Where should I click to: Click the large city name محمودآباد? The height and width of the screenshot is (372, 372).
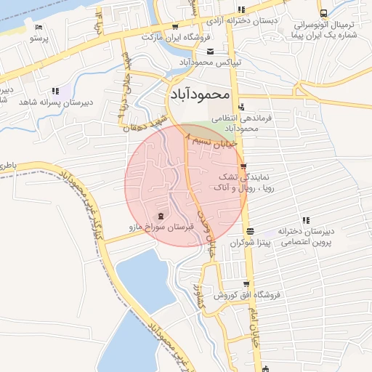pos(201,94)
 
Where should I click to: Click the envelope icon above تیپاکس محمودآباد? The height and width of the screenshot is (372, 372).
pos(211,51)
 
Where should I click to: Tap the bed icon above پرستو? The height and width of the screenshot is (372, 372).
pos(38,27)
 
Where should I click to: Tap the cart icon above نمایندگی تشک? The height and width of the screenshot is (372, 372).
pos(243,166)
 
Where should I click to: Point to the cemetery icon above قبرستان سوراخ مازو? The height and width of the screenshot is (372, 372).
pos(161,216)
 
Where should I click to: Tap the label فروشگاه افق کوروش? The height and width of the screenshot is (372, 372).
pos(246,296)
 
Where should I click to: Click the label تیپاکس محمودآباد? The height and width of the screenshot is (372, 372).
pos(209,63)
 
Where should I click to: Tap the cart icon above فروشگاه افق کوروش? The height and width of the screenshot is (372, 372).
pos(247,284)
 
